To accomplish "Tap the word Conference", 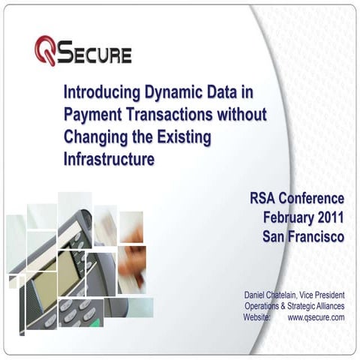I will (313, 199).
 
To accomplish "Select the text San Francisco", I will (304, 236).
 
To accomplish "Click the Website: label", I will (262, 317).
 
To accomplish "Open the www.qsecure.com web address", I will (316, 317).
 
